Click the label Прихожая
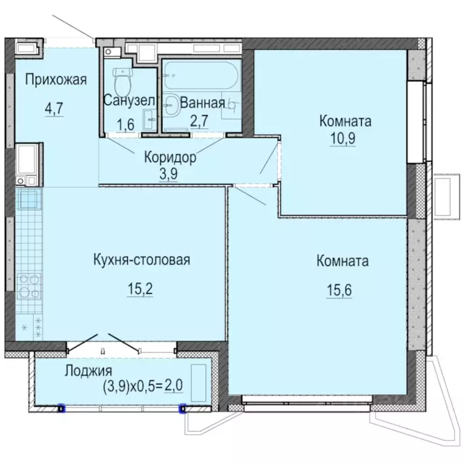56,79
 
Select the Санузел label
130,101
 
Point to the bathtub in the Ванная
200,76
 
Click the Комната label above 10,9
345,121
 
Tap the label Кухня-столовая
142,260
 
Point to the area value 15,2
140,290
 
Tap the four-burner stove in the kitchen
28,286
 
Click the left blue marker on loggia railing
61,408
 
